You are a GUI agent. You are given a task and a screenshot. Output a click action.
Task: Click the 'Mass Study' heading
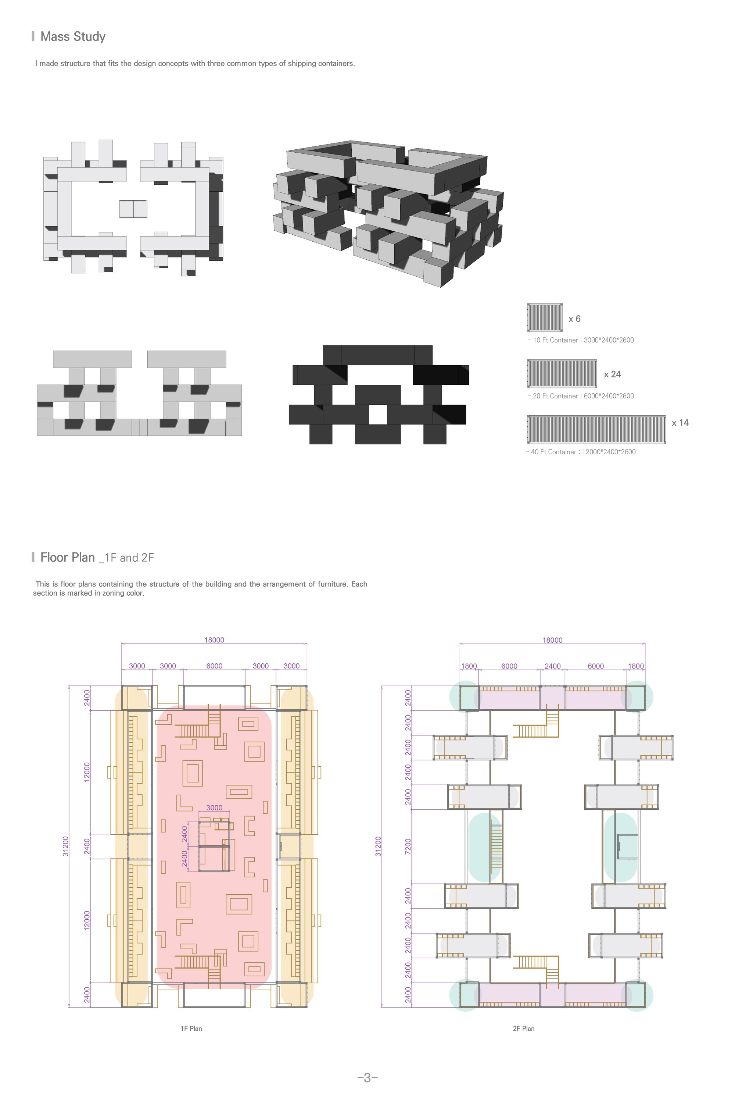pos(73,36)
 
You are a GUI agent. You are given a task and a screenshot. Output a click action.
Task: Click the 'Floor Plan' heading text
pos(68,557)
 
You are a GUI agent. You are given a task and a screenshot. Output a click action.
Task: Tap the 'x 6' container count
pos(574,319)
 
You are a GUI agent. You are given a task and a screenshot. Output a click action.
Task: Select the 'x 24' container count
pos(612,374)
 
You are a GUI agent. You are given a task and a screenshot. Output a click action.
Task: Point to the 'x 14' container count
pos(680,423)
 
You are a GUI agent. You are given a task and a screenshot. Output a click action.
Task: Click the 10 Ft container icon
pos(545,317)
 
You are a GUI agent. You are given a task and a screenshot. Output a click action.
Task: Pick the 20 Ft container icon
pos(562,373)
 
